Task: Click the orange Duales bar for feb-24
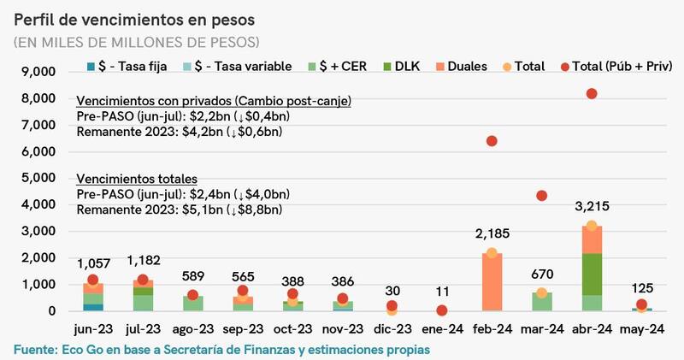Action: click(x=491, y=282)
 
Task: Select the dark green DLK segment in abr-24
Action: click(x=590, y=274)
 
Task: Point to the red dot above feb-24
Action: click(x=492, y=141)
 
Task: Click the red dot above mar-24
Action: click(x=541, y=196)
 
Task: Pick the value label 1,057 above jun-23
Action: click(x=93, y=263)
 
